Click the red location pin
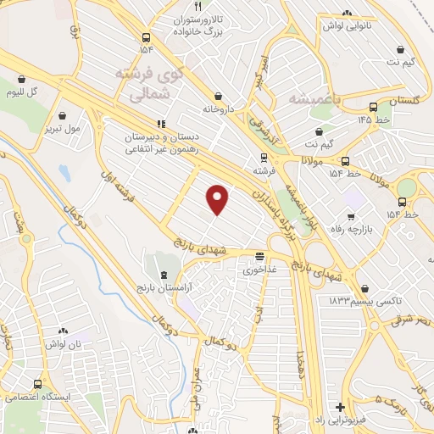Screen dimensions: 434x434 (219, 198)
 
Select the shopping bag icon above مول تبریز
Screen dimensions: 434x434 (64, 114)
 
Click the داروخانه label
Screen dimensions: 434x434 (219, 109)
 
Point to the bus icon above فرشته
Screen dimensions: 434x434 (264, 157)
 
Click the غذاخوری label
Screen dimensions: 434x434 (259, 270)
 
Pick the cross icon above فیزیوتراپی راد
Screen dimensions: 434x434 (340, 407)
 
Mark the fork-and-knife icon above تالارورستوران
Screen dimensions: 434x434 (198, 5)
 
